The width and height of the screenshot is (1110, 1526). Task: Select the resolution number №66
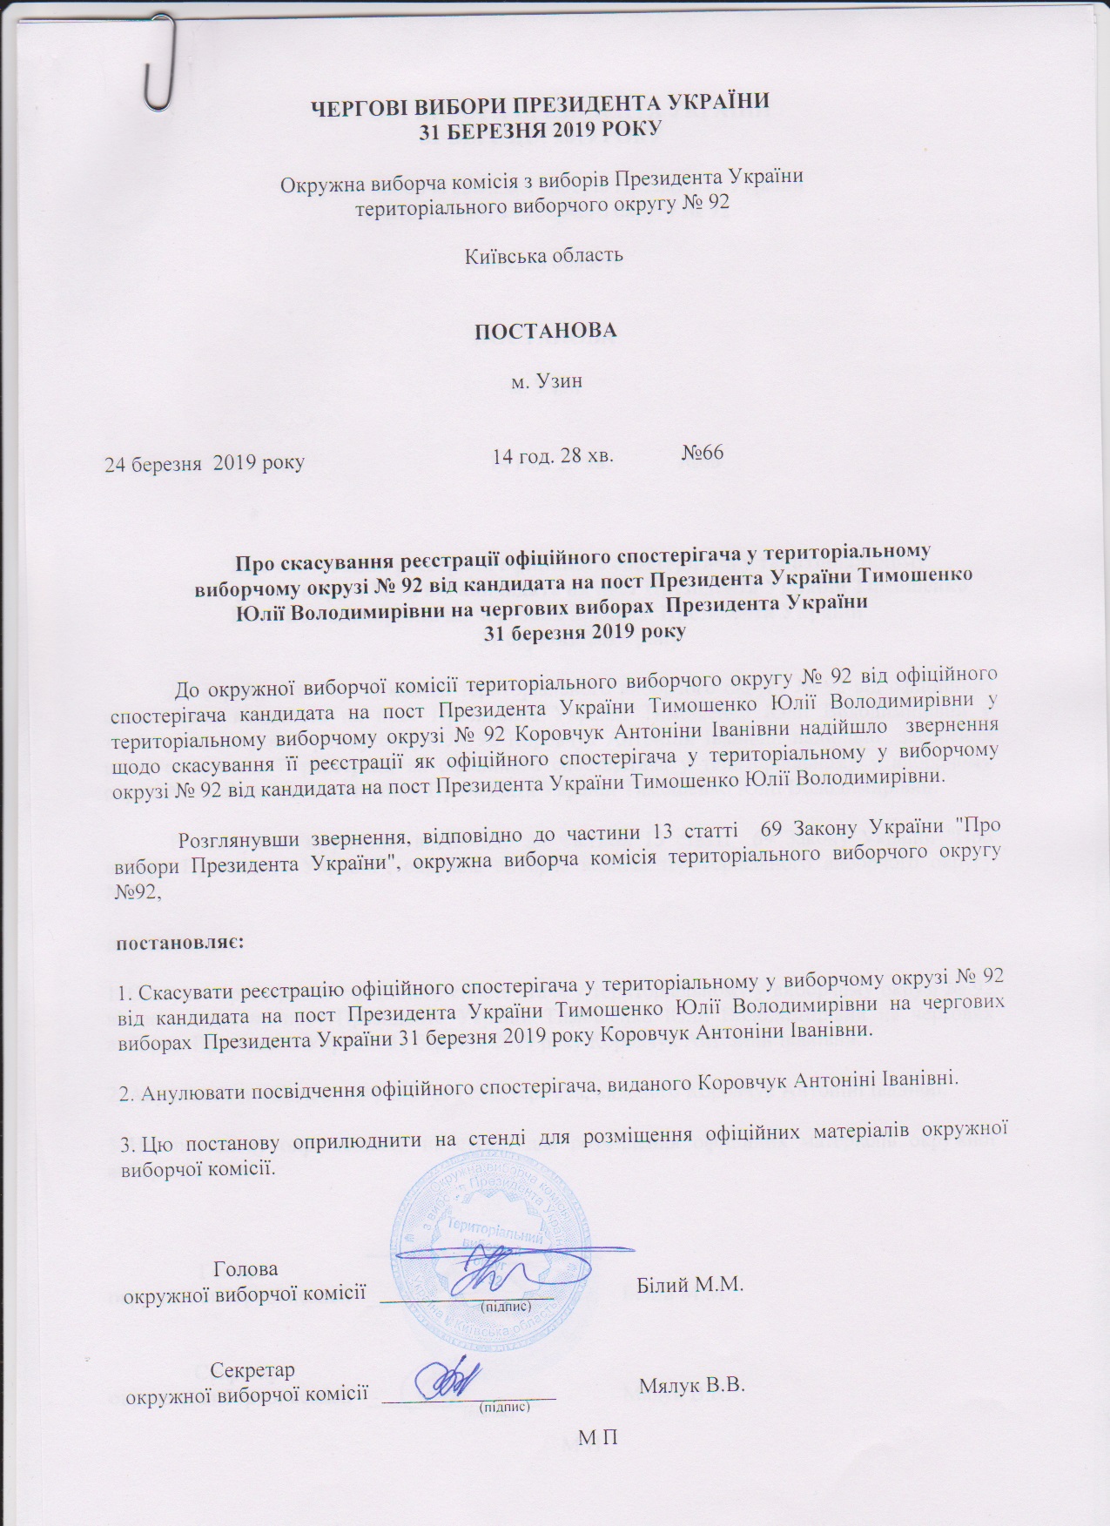click(703, 453)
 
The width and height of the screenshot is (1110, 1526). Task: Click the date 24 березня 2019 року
click(205, 462)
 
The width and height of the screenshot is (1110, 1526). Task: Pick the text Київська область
click(543, 255)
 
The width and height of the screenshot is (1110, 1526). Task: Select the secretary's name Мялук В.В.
click(693, 1386)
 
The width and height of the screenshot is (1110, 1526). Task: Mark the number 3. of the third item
click(126, 1126)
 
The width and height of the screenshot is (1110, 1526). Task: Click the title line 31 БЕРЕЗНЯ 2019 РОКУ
click(540, 130)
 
